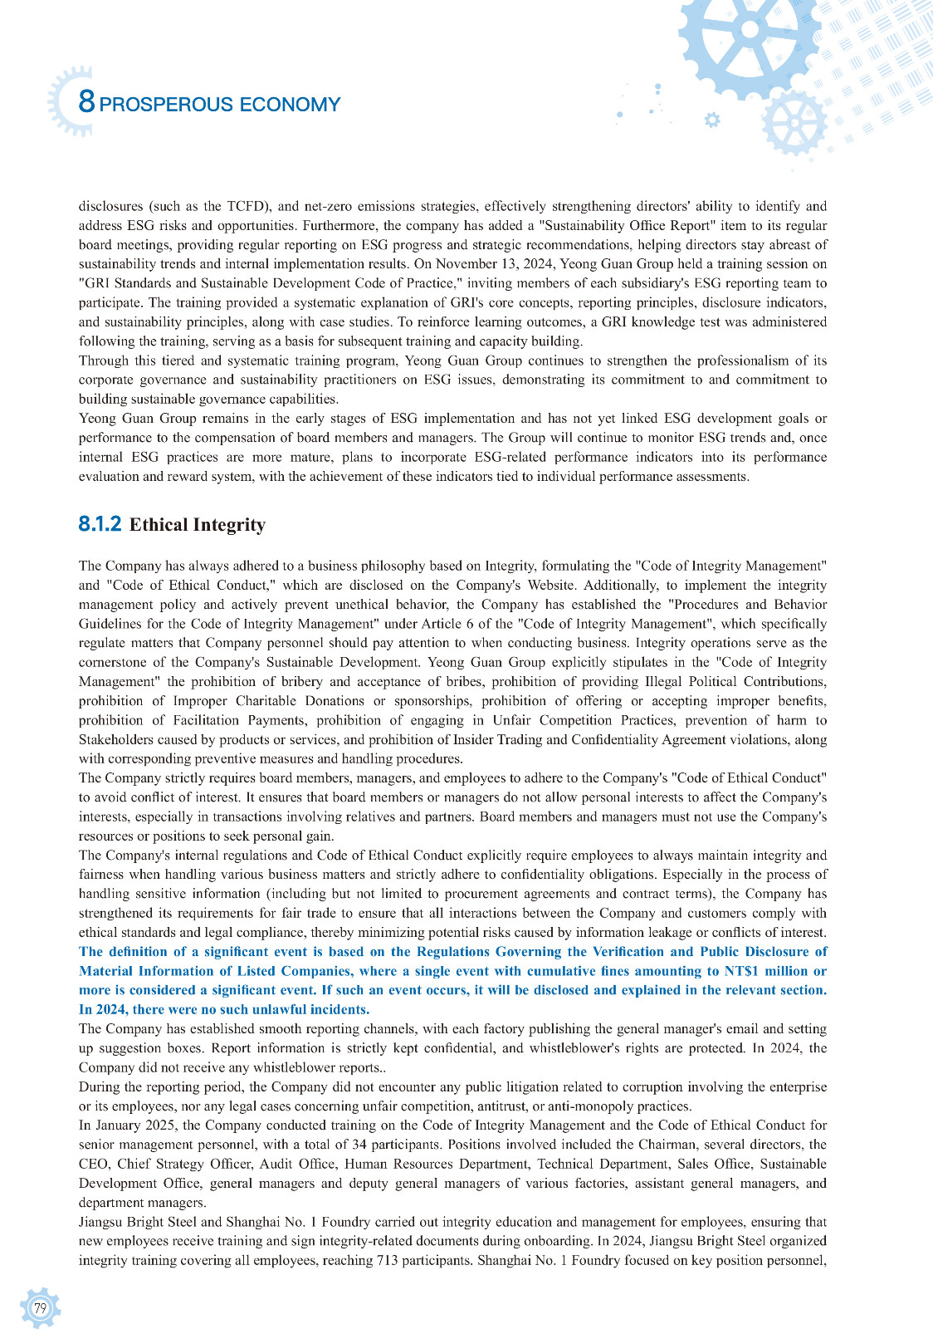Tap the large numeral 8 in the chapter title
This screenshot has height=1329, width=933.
pos(86,102)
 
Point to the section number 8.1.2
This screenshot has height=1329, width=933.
pos(100,524)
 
